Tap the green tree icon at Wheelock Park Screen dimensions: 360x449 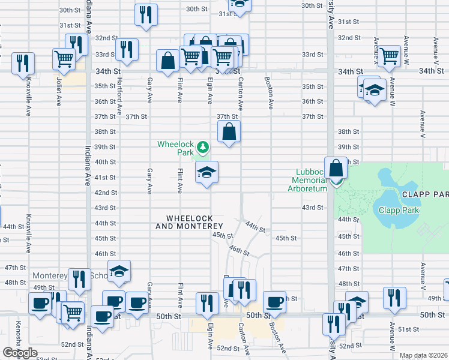(203, 147)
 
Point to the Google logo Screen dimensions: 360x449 (20, 353)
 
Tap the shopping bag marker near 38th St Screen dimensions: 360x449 (229, 132)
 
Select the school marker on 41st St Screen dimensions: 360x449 (206, 173)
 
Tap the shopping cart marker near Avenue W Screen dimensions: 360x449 (389, 56)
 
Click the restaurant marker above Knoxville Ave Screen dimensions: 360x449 (23, 63)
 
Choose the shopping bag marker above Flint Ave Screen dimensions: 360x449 (167, 61)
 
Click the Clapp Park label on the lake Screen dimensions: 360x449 (398, 210)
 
